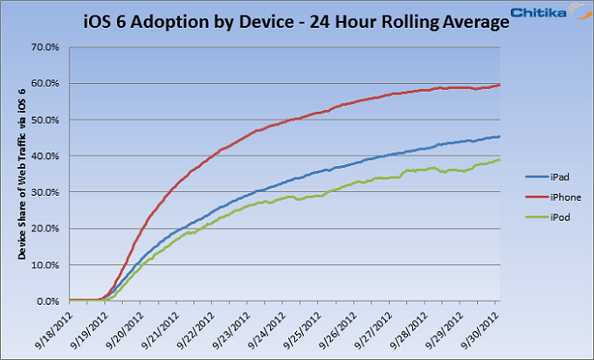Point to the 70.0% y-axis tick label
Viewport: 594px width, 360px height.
pos(45,47)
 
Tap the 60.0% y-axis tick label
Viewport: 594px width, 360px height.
pos(45,84)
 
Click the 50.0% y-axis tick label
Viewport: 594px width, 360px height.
pos(45,120)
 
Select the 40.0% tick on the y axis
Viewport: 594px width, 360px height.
pos(45,156)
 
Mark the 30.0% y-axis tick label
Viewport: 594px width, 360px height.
pos(45,192)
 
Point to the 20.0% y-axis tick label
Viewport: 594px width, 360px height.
pos(45,229)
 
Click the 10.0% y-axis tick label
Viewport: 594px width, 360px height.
pos(45,265)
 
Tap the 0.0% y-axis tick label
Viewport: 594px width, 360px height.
pos(47,301)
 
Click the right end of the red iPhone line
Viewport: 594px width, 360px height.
pos(499,85)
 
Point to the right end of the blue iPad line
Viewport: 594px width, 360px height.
pos(499,136)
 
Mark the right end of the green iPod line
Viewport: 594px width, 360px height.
pos(499,160)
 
